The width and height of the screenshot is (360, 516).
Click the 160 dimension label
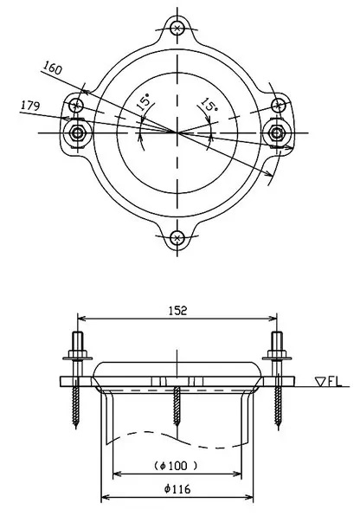[x=52, y=68]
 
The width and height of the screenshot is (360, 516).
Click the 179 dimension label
[x=30, y=106]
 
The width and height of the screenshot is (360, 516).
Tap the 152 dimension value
[x=177, y=310]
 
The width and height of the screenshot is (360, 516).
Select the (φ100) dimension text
[x=176, y=466]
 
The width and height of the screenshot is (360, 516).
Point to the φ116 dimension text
[x=177, y=489]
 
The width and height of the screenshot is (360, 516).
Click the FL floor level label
[x=335, y=382]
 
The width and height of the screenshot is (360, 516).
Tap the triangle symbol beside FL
[x=320, y=382]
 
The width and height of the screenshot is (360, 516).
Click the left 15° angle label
[x=145, y=102]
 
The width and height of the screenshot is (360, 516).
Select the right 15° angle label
[x=209, y=105]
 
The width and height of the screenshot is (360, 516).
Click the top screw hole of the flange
[x=177, y=28]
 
